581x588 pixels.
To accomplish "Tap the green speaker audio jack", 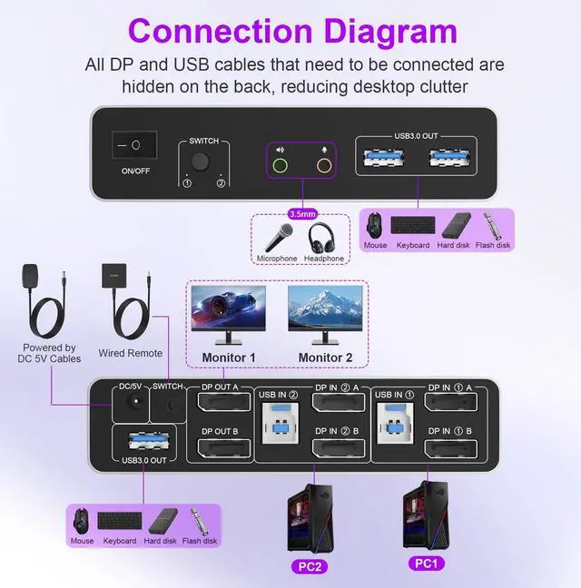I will [x=280, y=166].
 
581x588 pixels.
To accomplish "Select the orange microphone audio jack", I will [x=322, y=166].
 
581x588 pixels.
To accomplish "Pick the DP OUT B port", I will [x=214, y=448].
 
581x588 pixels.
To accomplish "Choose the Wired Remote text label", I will [x=131, y=353].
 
